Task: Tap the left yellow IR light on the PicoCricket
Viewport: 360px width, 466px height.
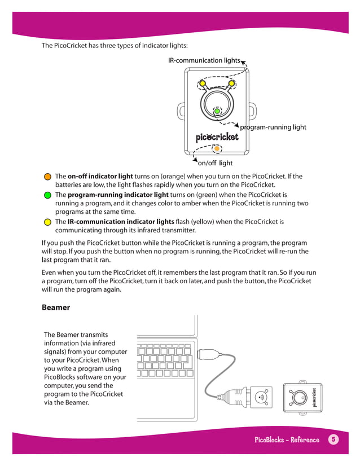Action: pyautogui.click(x=202, y=85)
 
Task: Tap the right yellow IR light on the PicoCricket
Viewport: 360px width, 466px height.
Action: pyautogui.click(x=231, y=85)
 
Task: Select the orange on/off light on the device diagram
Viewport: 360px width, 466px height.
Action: pyautogui.click(x=217, y=149)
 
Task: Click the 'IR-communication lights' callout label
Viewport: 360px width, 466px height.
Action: pyautogui.click(x=204, y=60)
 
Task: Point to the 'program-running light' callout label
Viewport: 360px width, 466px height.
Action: pyautogui.click(x=273, y=127)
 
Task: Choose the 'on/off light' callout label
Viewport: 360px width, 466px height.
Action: pyautogui.click(x=215, y=163)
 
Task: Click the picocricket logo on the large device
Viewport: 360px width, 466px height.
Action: pyautogui.click(x=217, y=137)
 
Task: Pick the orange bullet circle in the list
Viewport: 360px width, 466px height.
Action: pyautogui.click(x=48, y=177)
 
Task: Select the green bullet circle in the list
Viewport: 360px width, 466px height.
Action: pyautogui.click(x=48, y=195)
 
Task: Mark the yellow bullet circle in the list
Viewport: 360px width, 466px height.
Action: pyautogui.click(x=48, y=222)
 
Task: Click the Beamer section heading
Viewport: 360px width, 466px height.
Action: pyautogui.click(x=56, y=307)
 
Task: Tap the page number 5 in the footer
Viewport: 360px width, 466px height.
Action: pyautogui.click(x=333, y=439)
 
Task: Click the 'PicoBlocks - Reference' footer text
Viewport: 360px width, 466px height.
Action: pyautogui.click(x=286, y=439)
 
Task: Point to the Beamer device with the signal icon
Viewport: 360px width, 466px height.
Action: pyautogui.click(x=260, y=397)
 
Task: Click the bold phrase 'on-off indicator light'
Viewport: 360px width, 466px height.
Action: pyautogui.click(x=100, y=177)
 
